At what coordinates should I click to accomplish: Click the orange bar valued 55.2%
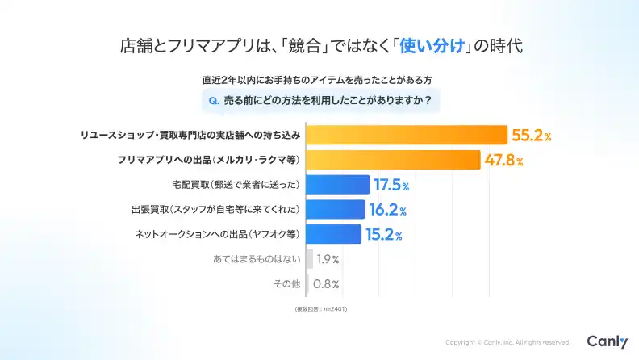tap(407, 136)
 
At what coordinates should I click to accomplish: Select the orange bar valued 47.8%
tap(394, 161)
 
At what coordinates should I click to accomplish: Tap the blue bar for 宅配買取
tap(338, 185)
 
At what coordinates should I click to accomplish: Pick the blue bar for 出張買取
tap(336, 210)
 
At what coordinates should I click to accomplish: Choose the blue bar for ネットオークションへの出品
tap(333, 235)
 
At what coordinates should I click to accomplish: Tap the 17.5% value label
tap(392, 186)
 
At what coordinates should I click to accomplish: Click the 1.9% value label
tap(328, 260)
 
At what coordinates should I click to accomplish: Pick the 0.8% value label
tap(325, 284)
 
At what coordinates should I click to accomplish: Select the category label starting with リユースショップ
tap(190, 136)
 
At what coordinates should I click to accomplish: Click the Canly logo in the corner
tap(607, 341)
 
